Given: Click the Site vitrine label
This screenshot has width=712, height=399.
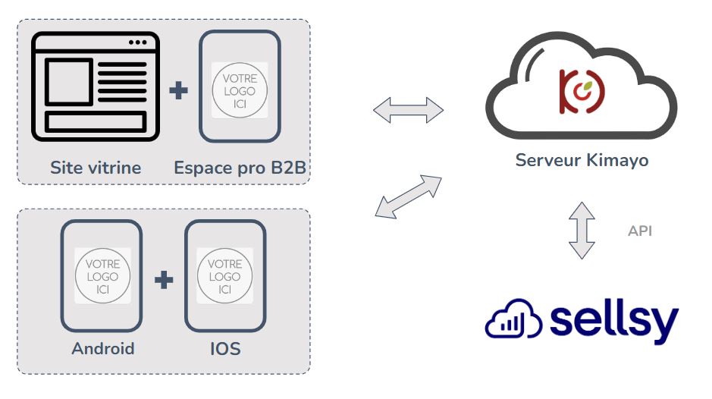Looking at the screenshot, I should coord(96,168).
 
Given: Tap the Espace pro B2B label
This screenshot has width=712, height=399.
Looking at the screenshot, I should coord(240,168).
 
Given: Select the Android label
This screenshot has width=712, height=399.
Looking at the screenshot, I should coord(102,349).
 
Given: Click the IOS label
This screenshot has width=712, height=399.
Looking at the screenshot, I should coord(225,349).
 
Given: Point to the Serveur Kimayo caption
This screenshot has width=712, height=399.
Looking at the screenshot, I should coord(582,161).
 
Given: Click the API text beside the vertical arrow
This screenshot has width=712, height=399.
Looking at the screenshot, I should coord(639,231).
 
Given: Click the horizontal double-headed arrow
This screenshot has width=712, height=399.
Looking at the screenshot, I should coord(408,111).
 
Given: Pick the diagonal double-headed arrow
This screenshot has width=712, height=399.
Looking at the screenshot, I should coord(409,196).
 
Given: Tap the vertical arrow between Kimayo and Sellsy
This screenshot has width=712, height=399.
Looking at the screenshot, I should coord(582,231).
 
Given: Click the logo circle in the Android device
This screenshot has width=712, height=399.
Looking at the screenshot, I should coord(102,276).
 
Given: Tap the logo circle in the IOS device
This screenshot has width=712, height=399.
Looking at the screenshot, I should coord(225,276).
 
